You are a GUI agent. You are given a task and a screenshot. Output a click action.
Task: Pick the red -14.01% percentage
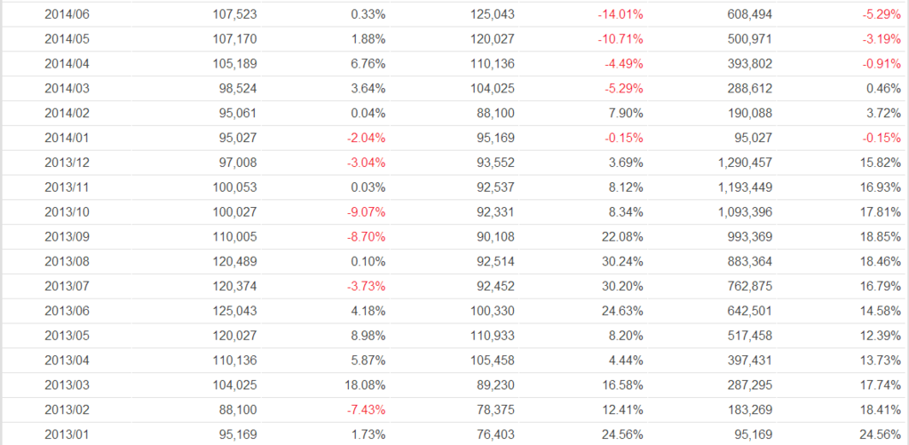[x=620, y=15]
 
